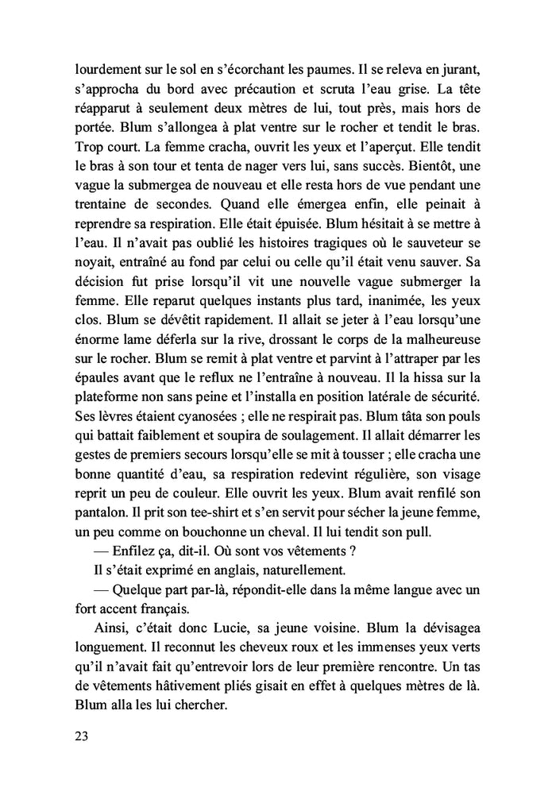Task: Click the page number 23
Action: pos(80,736)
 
